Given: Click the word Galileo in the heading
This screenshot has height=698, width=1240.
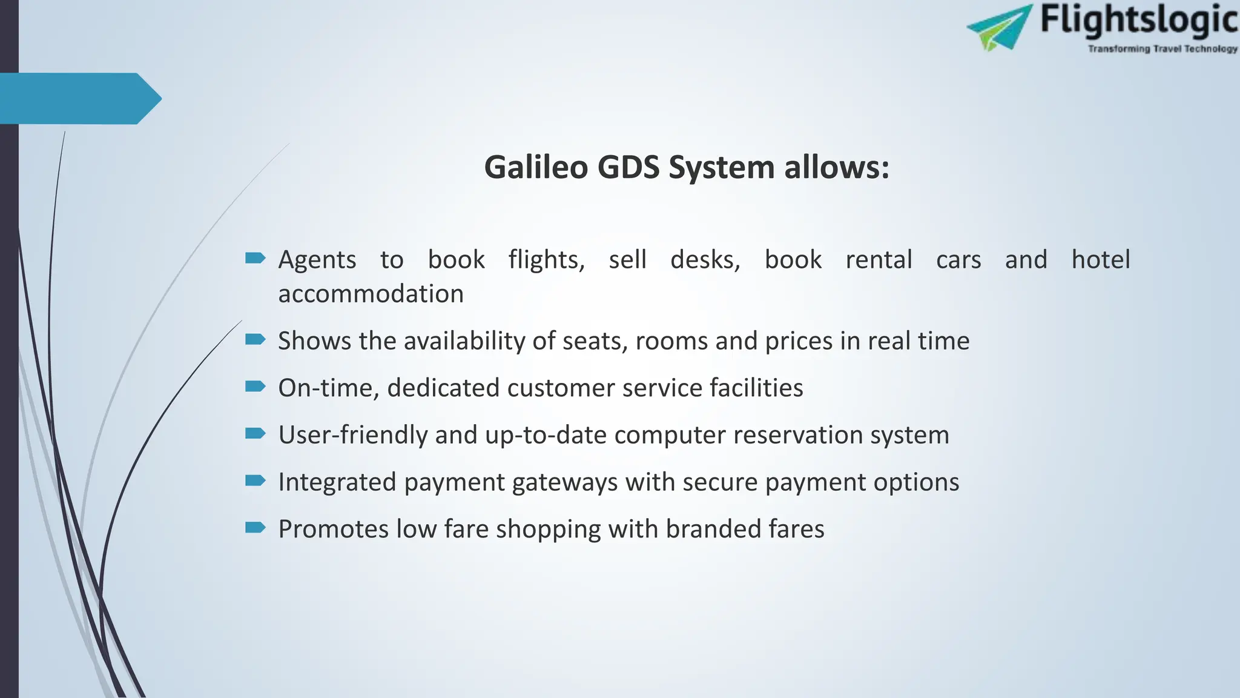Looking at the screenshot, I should (x=536, y=167).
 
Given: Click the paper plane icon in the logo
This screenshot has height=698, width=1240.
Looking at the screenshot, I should (x=999, y=27).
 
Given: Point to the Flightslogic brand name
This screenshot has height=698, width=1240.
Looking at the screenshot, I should (x=1139, y=19).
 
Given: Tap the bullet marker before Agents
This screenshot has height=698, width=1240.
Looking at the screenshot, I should (x=255, y=259).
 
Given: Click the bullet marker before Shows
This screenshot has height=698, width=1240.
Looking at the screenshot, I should (x=255, y=339).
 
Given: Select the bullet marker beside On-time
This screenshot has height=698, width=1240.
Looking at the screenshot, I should (x=255, y=387).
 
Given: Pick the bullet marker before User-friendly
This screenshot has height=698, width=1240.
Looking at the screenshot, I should (x=255, y=433).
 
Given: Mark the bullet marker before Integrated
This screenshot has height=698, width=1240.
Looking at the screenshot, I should (x=255, y=480).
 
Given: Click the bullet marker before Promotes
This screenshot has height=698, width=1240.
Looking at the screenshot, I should (x=255, y=527).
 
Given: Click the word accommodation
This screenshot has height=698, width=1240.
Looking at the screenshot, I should (x=371, y=294).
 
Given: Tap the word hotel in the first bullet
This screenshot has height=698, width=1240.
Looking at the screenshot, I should (x=1100, y=259).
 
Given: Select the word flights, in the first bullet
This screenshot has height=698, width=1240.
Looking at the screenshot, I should (x=546, y=259).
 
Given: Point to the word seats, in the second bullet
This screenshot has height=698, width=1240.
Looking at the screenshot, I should (x=595, y=341).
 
